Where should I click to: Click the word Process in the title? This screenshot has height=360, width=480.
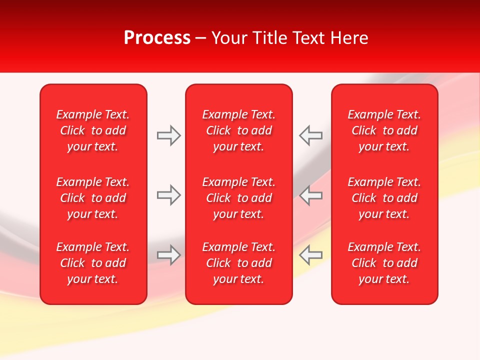tap(157, 38)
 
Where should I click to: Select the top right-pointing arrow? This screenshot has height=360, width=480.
tap(168, 135)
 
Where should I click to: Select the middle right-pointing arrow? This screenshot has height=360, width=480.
tap(168, 195)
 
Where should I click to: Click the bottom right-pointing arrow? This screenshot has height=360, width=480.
tap(168, 254)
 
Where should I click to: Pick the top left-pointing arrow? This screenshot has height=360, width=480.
tap(310, 135)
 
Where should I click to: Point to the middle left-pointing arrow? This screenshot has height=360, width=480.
tap(310, 195)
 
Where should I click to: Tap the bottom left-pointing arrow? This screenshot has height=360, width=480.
tap(310, 254)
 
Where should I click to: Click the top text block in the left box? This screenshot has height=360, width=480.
tap(93, 130)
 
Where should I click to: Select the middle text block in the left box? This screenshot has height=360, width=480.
tap(93, 198)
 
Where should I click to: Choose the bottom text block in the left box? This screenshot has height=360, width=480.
tap(93, 263)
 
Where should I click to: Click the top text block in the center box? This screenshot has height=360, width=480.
tap(239, 130)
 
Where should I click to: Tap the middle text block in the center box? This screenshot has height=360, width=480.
tap(239, 198)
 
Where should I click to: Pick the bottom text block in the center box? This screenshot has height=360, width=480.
tap(239, 263)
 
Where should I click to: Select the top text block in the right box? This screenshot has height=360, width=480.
tap(384, 130)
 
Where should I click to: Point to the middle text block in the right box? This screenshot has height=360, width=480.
tap(384, 198)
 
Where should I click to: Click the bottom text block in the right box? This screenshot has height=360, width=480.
tap(384, 263)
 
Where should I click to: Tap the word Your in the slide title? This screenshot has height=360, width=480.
tap(228, 38)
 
